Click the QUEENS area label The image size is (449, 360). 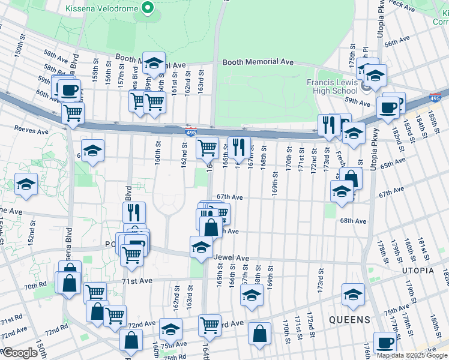(349, 320)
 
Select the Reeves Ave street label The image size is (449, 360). (30, 131)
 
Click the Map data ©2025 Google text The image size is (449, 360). (412, 355)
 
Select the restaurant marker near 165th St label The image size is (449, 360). (239, 146)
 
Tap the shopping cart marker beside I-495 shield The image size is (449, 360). (207, 146)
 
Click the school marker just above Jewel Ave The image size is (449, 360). (201, 246)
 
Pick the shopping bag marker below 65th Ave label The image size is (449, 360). (351, 178)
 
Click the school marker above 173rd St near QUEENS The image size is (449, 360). (353, 294)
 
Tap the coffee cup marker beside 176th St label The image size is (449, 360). (385, 343)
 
